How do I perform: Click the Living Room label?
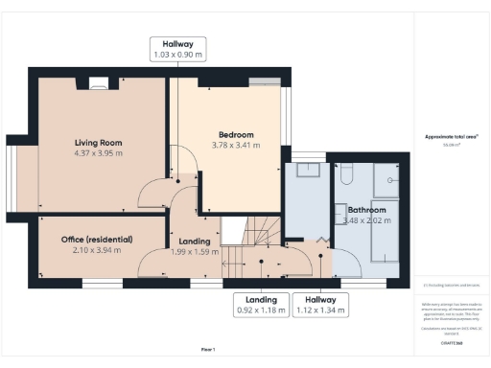click(99, 143)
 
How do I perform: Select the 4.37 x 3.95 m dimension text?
click(99, 153)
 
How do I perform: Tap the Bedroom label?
click(235, 135)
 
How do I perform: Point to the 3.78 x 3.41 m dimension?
click(235, 146)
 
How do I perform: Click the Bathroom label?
click(366, 210)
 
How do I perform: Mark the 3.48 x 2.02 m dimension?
click(363, 220)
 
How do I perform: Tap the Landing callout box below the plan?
click(261, 304)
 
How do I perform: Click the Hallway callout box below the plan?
click(320, 304)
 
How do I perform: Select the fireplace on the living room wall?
click(98, 84)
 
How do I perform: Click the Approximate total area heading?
click(450, 137)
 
